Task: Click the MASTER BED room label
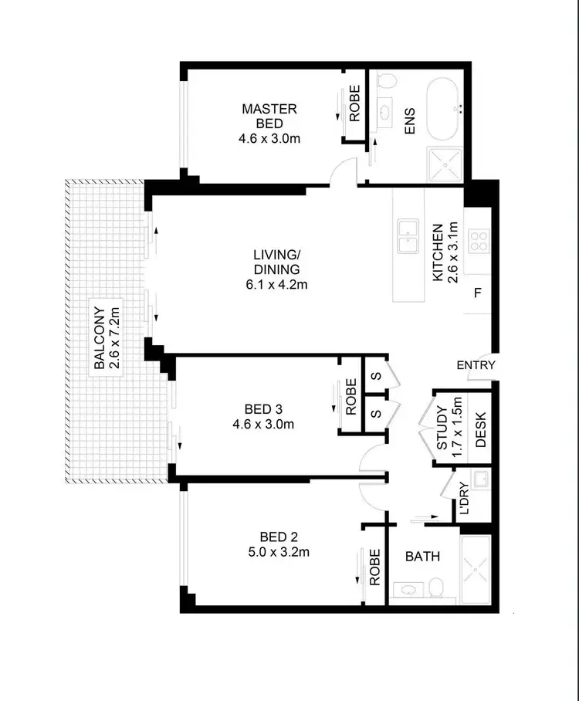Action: pos(269,116)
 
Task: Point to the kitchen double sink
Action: pos(405,236)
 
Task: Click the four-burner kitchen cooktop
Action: pos(479,241)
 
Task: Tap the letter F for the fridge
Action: pos(478,293)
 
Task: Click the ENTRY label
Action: pos(476,365)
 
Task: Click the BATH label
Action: pos(422,555)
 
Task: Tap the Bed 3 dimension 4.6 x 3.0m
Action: pos(269,424)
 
